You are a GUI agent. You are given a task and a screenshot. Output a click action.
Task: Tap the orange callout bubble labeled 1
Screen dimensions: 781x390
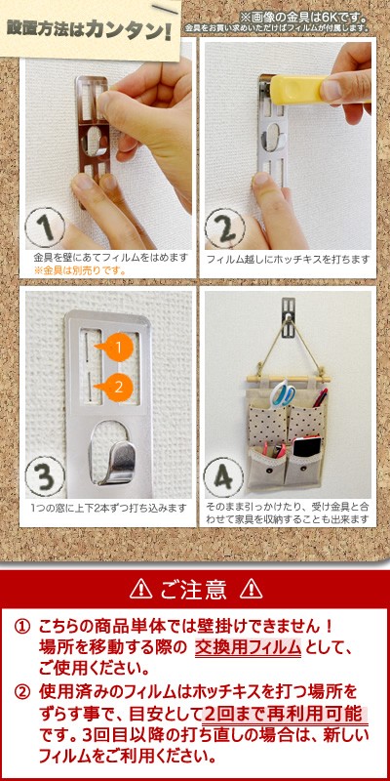(x=116, y=348)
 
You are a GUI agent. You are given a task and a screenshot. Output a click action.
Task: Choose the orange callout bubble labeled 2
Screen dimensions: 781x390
(x=117, y=386)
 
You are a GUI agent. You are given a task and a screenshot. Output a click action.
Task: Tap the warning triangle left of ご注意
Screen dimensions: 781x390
(x=140, y=589)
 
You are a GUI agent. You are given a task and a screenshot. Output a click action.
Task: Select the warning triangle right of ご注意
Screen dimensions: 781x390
(x=251, y=589)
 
